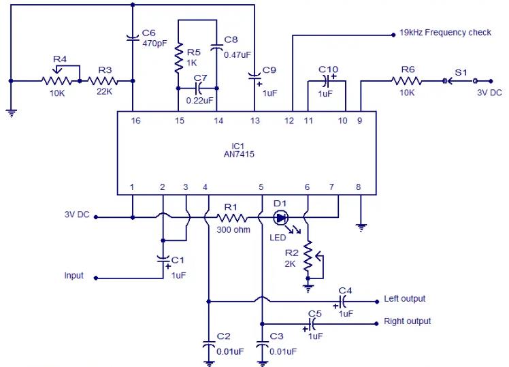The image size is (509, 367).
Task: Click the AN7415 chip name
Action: [239, 155]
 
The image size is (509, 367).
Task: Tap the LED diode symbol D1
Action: [281, 218]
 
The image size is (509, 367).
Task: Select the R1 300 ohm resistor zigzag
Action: [231, 218]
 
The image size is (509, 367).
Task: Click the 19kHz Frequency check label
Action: [445, 33]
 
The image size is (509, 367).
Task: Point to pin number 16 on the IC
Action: [135, 121]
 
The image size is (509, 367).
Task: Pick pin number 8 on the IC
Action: [359, 187]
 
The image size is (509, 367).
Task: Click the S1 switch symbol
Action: [460, 81]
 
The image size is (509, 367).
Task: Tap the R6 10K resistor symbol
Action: [406, 81]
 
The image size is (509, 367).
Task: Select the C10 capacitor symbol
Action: [327, 81]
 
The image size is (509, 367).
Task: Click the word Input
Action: [73, 275]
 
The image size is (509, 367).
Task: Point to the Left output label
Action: [404, 298]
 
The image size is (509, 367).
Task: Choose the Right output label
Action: [407, 321]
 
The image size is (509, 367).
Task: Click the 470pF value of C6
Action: [154, 43]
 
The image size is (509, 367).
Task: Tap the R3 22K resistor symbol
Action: [103, 81]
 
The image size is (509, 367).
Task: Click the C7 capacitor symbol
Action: [199, 88]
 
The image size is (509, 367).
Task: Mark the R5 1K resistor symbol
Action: [178, 58]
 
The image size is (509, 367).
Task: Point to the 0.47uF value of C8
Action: [237, 55]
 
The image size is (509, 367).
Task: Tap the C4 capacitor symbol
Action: [342, 302]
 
